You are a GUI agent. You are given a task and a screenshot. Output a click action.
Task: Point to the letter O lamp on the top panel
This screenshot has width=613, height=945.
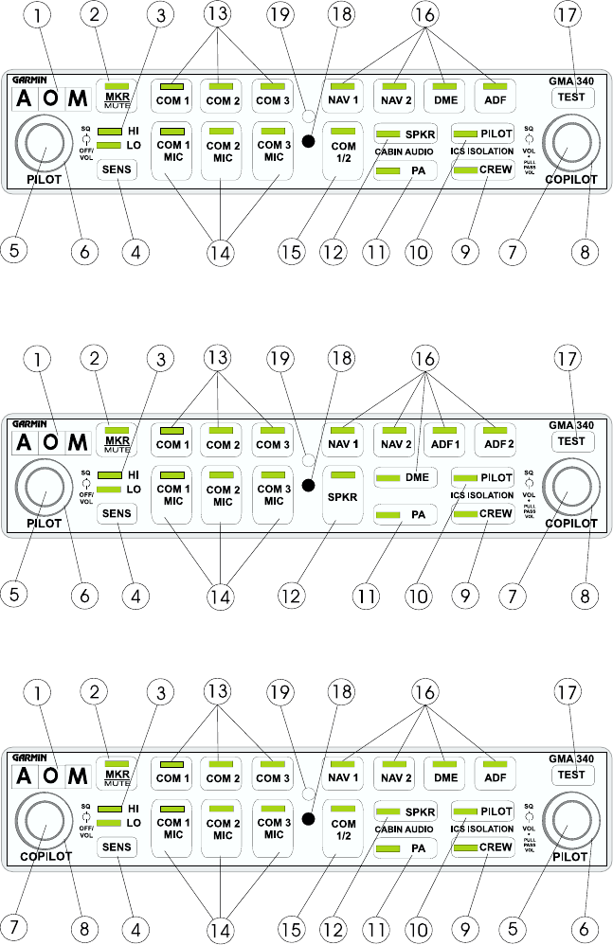pos(53,98)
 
